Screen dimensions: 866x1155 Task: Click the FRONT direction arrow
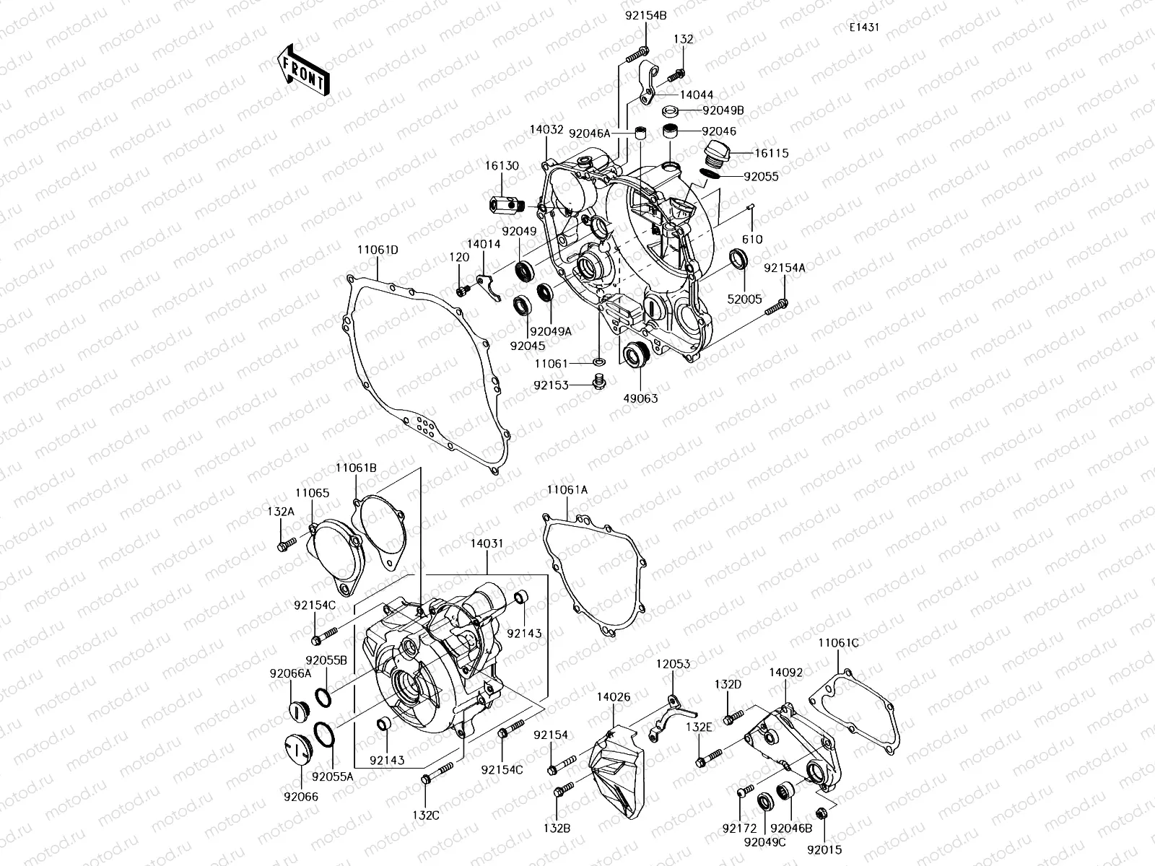302,69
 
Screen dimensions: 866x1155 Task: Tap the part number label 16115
772,154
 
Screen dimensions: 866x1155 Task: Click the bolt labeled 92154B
636,52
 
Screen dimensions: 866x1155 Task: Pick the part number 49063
641,398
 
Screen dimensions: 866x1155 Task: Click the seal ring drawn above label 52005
738,258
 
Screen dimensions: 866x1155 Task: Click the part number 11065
312,493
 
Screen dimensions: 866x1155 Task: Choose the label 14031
487,543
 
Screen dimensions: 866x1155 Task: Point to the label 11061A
567,489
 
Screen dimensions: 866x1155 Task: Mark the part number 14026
613,697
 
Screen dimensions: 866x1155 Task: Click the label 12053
673,663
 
